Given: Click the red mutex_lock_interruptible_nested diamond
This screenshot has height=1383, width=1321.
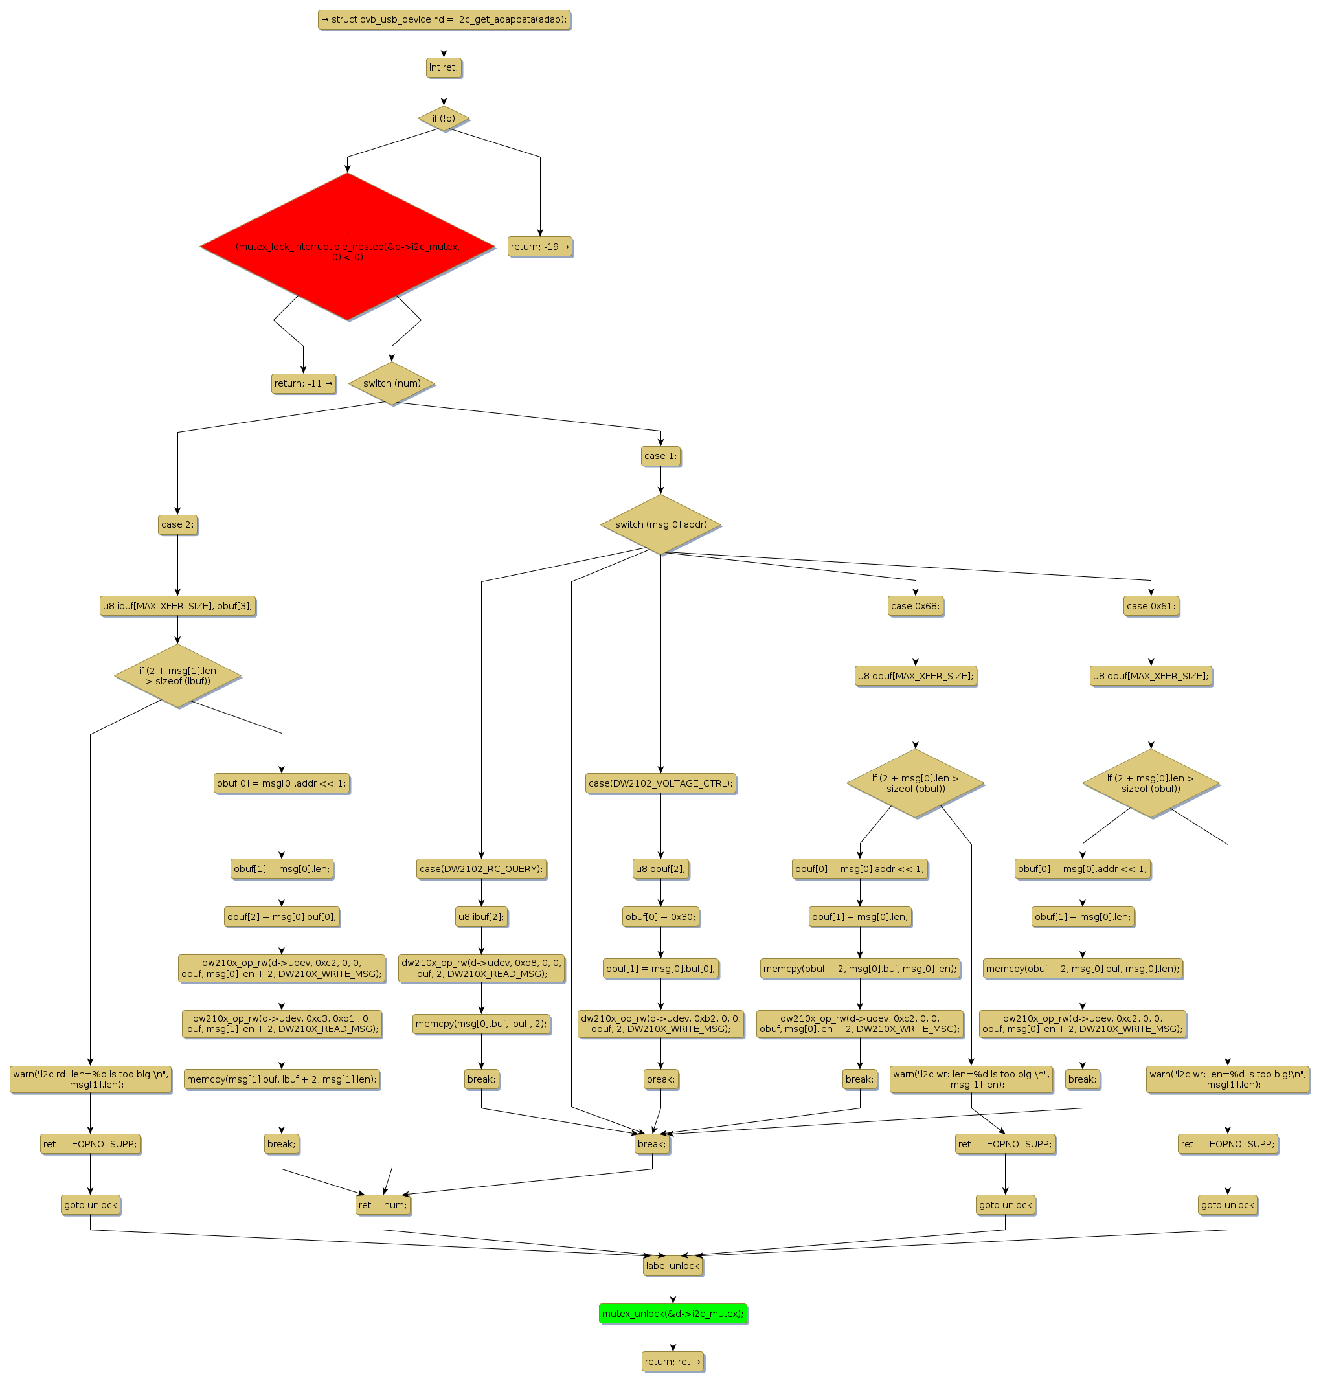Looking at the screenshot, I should click(x=347, y=247).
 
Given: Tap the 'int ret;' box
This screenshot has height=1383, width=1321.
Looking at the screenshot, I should click(x=444, y=67).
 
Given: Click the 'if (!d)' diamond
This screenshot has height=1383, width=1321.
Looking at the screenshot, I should click(x=444, y=118).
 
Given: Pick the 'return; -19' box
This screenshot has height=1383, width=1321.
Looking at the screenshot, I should click(x=539, y=247).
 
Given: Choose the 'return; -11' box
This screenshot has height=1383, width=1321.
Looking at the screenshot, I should click(x=304, y=383).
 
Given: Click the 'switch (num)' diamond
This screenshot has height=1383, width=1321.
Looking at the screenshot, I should click(x=392, y=383).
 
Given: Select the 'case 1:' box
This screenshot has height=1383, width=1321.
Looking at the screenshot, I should click(x=660, y=456).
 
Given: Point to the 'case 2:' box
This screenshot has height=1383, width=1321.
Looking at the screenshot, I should click(x=177, y=524).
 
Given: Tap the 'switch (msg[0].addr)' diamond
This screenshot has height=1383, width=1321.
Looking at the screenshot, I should click(x=660, y=524).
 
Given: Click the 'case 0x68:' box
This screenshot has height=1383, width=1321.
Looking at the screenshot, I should click(x=916, y=605).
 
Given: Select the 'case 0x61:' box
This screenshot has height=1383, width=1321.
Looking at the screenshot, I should click(x=1151, y=605).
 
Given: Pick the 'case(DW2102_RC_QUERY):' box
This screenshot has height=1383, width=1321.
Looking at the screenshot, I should click(x=481, y=868).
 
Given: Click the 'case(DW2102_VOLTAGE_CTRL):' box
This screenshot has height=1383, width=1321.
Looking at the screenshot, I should click(x=660, y=783).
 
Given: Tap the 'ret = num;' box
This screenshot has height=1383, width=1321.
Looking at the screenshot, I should click(x=382, y=1204).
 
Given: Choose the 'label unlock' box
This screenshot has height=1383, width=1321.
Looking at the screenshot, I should click(x=672, y=1265).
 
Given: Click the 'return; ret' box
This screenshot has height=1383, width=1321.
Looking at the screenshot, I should click(x=672, y=1361).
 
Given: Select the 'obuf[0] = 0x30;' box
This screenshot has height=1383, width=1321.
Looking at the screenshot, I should click(x=660, y=916).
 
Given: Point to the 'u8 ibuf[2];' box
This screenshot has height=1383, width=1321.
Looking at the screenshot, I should click(x=481, y=916).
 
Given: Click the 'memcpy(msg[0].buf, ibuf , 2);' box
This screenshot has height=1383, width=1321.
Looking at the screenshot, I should click(x=481, y=1023).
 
